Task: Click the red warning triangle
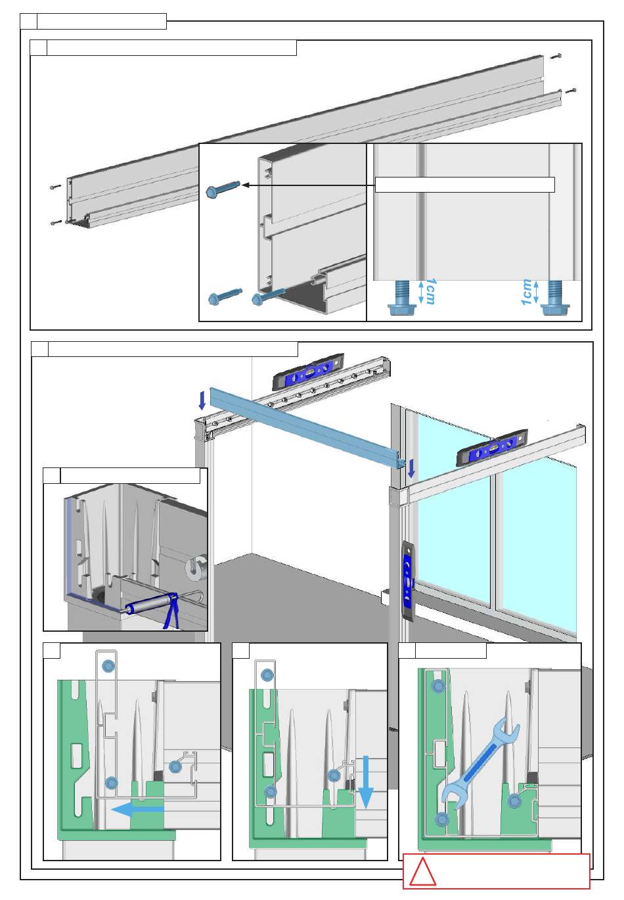click(x=422, y=872)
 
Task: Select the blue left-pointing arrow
click(x=137, y=810)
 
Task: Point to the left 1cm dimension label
click(x=429, y=291)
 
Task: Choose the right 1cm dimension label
click(x=527, y=292)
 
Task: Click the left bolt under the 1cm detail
click(x=401, y=299)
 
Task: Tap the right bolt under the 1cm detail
click(x=556, y=299)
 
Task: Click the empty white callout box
click(x=464, y=185)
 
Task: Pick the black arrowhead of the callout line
click(x=246, y=185)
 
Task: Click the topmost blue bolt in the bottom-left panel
click(x=106, y=667)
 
